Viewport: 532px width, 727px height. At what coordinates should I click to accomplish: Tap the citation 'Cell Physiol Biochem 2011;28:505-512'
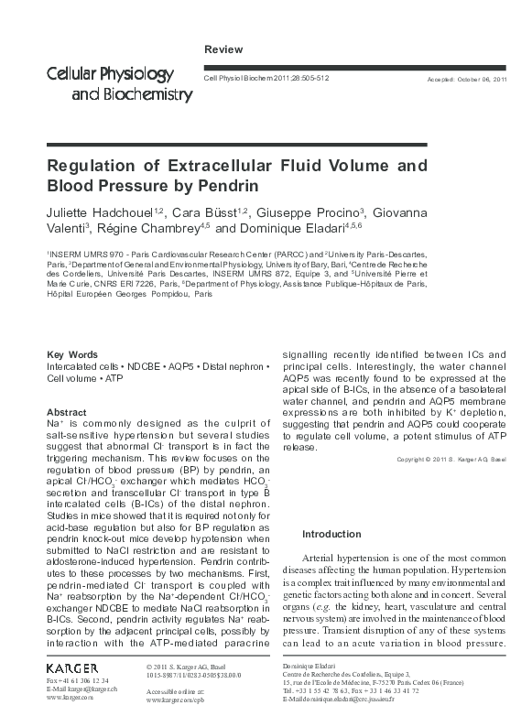[266, 80]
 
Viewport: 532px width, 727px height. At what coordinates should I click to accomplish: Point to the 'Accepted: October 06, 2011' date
[467, 81]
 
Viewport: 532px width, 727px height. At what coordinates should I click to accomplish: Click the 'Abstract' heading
[66, 413]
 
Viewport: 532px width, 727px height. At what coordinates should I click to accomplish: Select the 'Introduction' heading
[331, 534]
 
